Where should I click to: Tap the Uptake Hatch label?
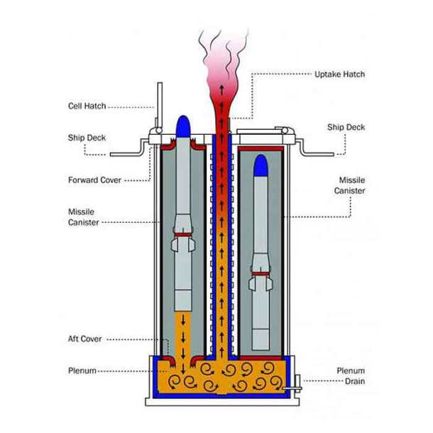(339, 74)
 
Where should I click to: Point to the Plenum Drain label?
(350, 376)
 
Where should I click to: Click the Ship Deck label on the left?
(87, 138)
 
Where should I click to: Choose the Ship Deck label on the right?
(346, 127)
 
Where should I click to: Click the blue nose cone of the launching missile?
(182, 126)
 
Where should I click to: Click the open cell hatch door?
(160, 105)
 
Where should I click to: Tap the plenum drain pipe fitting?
(293, 387)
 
